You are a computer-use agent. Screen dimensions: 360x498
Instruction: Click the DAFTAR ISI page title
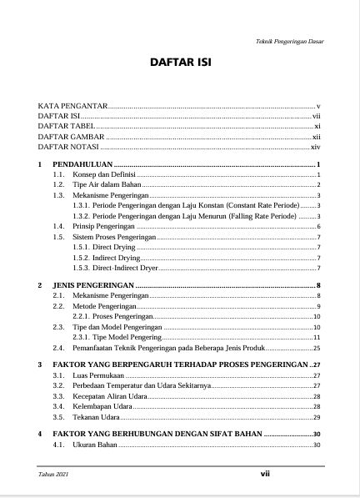point(180,63)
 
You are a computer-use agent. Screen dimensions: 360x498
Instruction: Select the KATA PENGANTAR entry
point(74,107)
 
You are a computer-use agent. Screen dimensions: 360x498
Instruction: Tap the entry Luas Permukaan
point(93,376)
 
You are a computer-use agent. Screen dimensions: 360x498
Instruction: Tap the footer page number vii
point(266,473)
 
